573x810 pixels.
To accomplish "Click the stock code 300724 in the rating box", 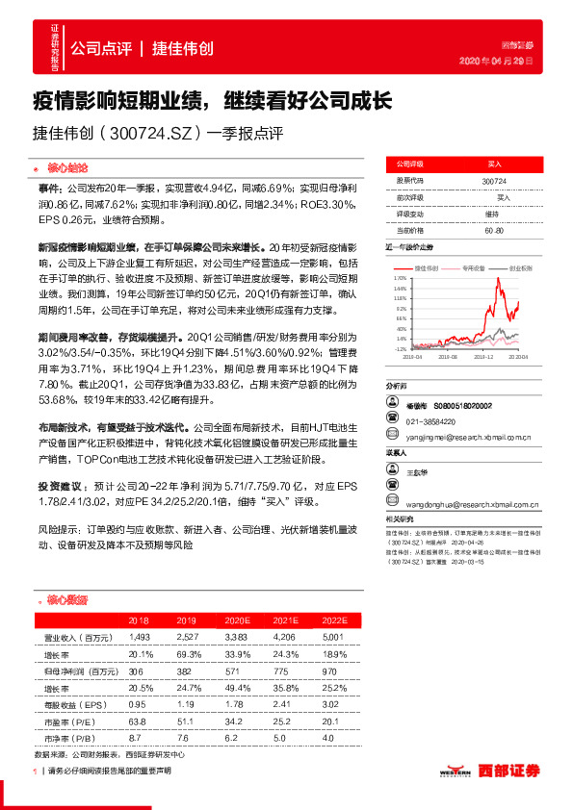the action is pos(493,181).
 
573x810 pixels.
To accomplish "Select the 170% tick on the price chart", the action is pos(400,276).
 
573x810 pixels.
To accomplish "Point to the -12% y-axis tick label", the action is pos(400,349).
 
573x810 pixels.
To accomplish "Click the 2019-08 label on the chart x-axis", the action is pos(447,356).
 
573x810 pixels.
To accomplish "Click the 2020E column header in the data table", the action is pos(237,621).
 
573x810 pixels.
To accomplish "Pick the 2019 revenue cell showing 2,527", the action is pos(187,636).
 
